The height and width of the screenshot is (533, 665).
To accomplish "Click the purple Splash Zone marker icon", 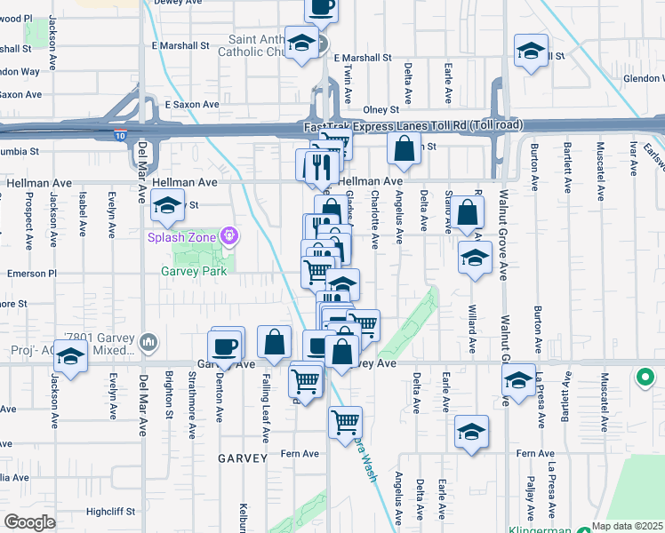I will pos(229,236).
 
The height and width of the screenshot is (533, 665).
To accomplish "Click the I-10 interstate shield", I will pos(120,135).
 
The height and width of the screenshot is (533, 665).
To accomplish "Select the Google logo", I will pos(29,522).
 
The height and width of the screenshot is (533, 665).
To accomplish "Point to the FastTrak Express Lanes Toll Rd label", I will pos(408,127).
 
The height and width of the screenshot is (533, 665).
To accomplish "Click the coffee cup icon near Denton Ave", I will pos(225,346).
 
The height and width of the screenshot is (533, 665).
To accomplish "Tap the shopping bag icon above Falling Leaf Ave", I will pos(275,342).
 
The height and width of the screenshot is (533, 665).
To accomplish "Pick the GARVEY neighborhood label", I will pos(241,458).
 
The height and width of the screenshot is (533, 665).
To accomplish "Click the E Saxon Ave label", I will pos(191,105).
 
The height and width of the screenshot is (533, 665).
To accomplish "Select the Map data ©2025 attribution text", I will pos(628,526).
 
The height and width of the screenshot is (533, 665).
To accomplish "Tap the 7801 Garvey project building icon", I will pos(148,342).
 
